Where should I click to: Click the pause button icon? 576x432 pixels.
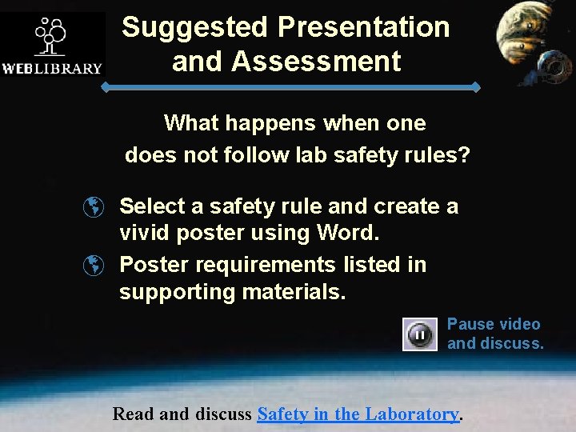pos(420,334)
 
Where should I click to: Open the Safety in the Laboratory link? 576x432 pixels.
pos(358,414)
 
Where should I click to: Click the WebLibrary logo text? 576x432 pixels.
pos(52,68)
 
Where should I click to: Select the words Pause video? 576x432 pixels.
pos(494,324)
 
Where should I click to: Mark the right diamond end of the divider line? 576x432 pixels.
pos(477,86)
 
